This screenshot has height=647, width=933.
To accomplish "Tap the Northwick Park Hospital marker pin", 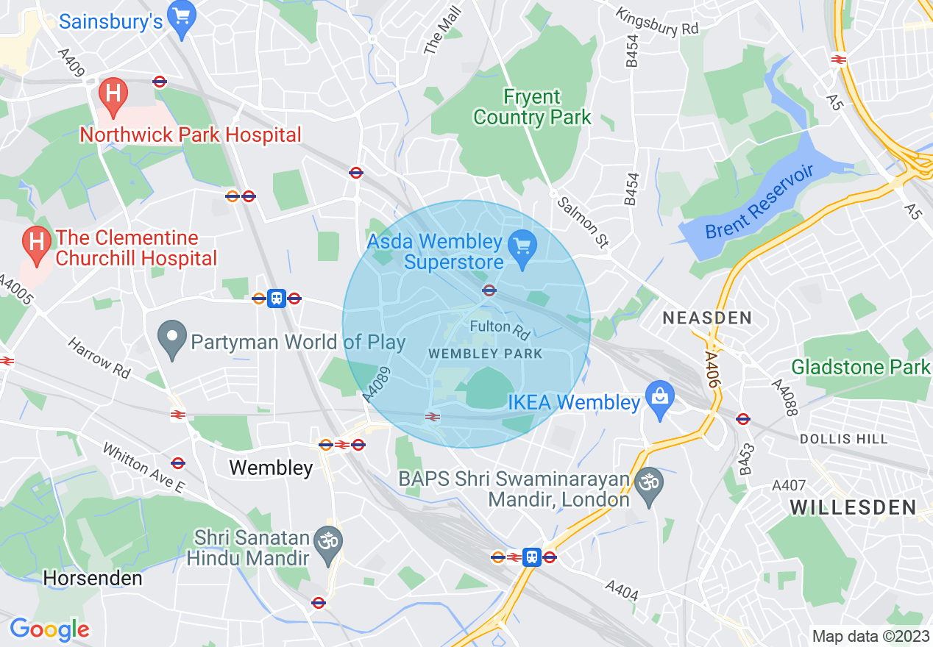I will pyautogui.click(x=113, y=96).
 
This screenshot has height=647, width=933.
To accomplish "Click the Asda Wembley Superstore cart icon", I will pyautogui.click(x=523, y=245).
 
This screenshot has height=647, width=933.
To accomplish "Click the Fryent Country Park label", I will pyautogui.click(x=532, y=107).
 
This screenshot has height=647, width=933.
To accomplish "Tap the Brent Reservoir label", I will pyautogui.click(x=759, y=202).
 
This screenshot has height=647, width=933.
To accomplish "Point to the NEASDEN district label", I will pyautogui.click(x=707, y=318).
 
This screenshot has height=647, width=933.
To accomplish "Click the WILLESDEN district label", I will pyautogui.click(x=853, y=507).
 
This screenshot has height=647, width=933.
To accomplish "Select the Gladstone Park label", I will pyautogui.click(x=861, y=366).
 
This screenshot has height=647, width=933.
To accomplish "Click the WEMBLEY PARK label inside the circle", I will pyautogui.click(x=485, y=354).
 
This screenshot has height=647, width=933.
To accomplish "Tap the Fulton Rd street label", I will pyautogui.click(x=500, y=329).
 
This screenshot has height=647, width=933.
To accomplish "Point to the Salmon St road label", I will pyautogui.click(x=583, y=221).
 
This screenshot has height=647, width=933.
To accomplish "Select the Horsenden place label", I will pyautogui.click(x=93, y=579).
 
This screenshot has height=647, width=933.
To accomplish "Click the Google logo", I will pyautogui.click(x=49, y=629).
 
